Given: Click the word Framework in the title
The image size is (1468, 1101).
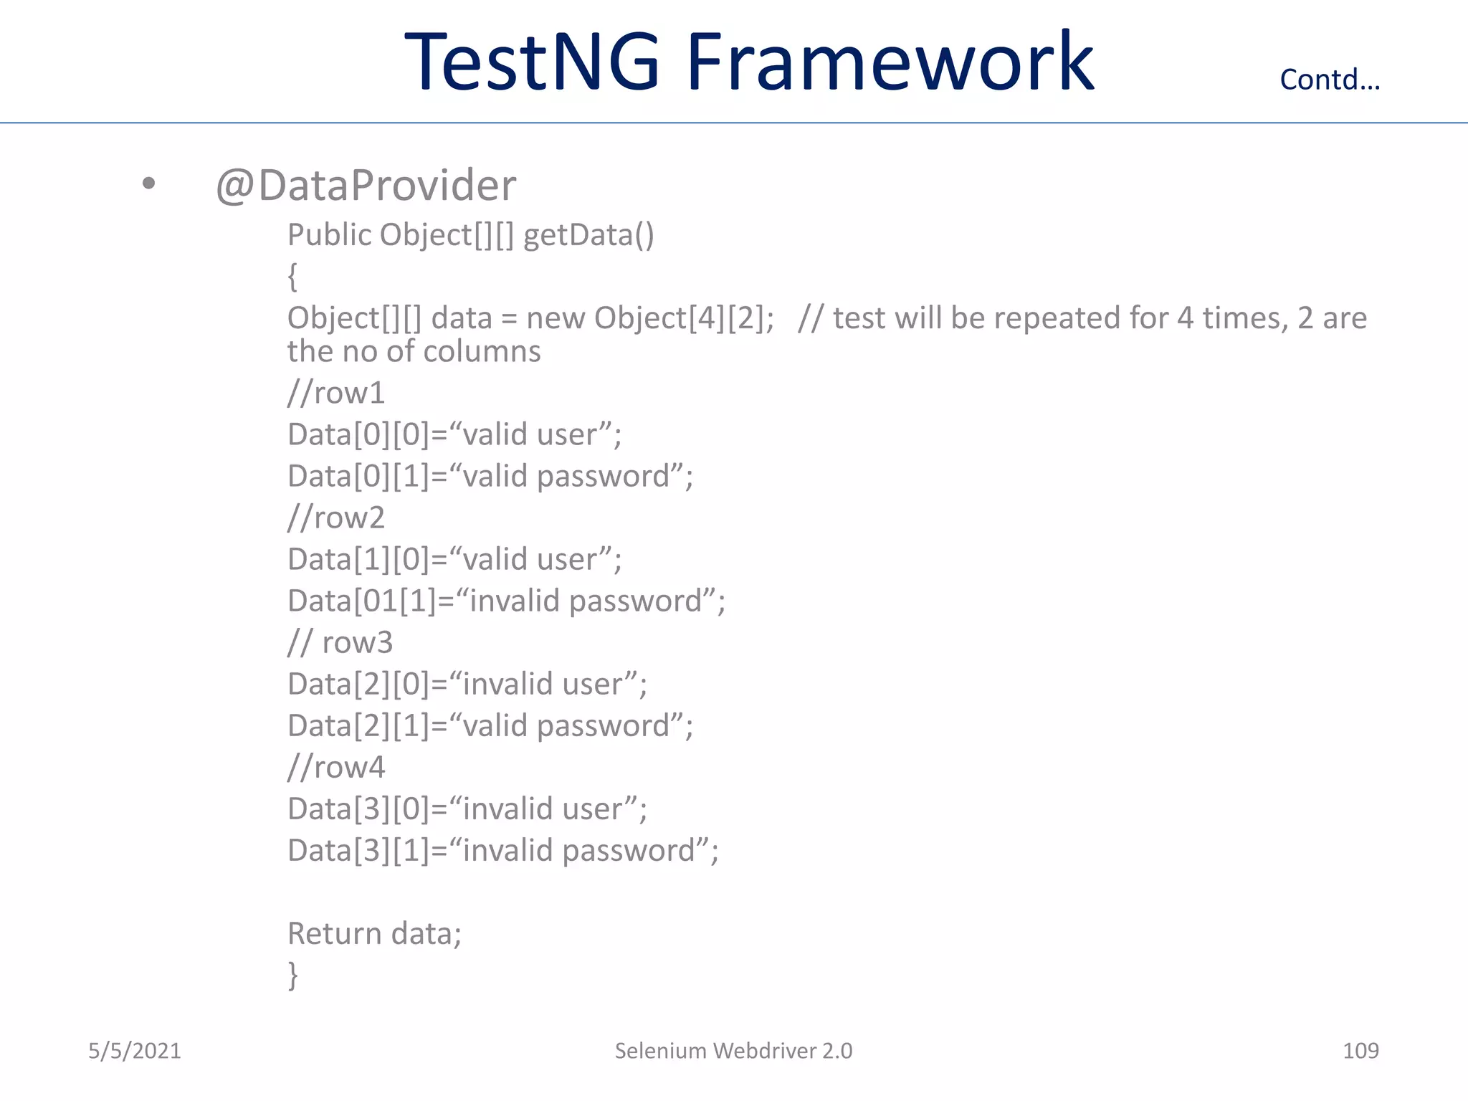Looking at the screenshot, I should [890, 62].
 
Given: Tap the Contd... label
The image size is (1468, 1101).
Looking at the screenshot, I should [1330, 80].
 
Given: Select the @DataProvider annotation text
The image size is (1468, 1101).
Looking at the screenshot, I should [366, 186].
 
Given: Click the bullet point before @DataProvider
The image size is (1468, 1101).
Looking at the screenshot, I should [148, 183].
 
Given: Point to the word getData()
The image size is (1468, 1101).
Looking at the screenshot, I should [588, 236].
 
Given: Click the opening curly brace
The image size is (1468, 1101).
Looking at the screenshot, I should [292, 276].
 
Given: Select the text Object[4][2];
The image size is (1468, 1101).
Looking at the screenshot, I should [684, 318].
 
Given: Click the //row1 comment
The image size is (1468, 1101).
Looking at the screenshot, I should [336, 393].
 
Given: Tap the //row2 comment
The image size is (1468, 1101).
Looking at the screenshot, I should [336, 518].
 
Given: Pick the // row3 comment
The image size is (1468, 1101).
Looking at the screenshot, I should [340, 642].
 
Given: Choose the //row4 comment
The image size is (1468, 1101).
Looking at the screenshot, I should [336, 767].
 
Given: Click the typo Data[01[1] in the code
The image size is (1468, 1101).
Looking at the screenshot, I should [362, 601].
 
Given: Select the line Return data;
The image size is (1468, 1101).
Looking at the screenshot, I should [374, 934].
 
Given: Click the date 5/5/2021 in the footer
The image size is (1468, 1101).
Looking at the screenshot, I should [135, 1051].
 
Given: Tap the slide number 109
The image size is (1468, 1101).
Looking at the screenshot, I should [1360, 1051].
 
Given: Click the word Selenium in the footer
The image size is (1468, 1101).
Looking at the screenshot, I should [660, 1051].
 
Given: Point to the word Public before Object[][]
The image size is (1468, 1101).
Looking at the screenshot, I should [329, 236].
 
